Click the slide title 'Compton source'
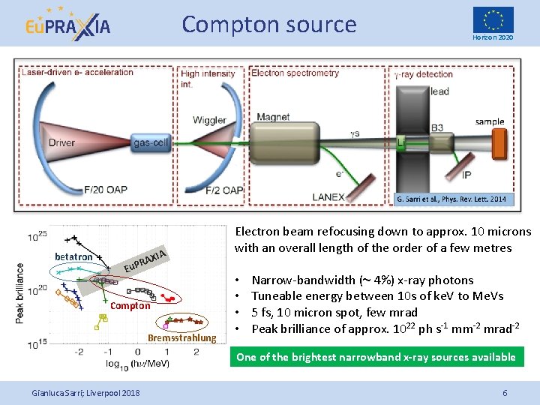tap(268, 25)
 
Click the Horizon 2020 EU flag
tap(493, 19)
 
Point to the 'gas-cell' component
tap(151, 142)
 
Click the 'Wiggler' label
tap(209, 120)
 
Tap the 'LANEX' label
tap(328, 197)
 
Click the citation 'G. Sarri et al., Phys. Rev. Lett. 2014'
tap(454, 199)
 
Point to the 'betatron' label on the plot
tap(73, 257)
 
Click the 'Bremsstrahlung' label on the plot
tap(181, 338)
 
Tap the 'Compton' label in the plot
tap(130, 306)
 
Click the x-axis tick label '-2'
tap(79, 351)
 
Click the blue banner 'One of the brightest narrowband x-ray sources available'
tap(376, 357)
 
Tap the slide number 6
tap(505, 393)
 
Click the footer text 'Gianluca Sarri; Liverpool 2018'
tap(85, 393)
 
